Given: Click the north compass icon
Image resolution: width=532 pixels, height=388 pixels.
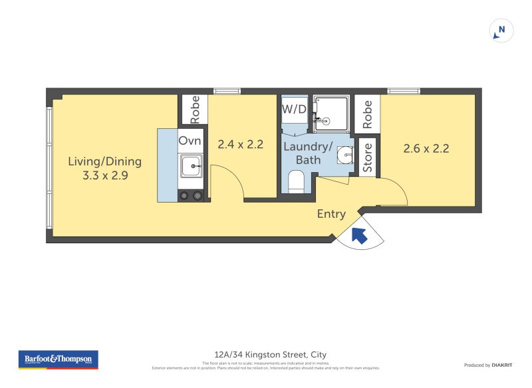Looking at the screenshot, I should click(501, 31).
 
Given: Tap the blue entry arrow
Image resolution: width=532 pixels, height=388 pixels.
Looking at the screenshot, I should click(359, 235).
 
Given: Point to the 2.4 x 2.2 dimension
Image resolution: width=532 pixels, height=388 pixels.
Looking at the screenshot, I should click(241, 144).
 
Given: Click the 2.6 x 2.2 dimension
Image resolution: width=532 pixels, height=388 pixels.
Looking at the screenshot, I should click(426, 148).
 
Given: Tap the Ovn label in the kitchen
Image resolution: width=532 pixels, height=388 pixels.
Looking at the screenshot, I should click(190, 141).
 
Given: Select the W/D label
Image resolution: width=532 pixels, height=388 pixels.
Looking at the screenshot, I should click(294, 108).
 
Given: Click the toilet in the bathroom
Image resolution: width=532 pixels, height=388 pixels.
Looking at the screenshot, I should click(295, 181).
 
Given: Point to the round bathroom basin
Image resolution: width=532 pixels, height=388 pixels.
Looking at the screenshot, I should click(344, 154).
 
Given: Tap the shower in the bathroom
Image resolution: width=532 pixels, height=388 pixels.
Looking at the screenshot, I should click(329, 112).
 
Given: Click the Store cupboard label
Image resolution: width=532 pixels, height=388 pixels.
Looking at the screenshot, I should click(368, 157).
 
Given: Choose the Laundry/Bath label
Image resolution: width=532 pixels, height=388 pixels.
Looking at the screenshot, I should click(308, 153).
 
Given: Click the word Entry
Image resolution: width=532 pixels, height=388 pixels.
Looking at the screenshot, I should click(331, 214).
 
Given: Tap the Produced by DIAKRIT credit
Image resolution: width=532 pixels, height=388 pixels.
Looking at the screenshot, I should click(487, 365).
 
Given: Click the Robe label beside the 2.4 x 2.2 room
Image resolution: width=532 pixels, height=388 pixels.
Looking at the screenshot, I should click(195, 110).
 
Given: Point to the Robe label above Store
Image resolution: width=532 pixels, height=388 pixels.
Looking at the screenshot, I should click(368, 114).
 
